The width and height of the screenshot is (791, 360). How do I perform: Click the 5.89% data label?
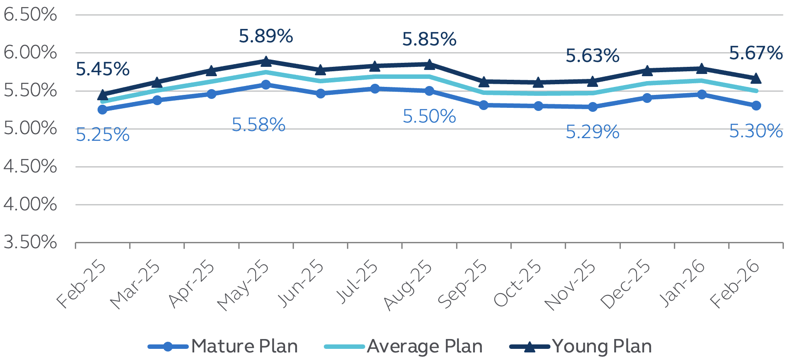266,36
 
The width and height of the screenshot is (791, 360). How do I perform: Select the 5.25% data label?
102,135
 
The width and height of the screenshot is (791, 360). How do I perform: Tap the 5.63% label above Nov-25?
592,56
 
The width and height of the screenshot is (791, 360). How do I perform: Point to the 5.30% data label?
756,131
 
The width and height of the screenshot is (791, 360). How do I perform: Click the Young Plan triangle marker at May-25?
266,61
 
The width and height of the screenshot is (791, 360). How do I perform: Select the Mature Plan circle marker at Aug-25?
429,91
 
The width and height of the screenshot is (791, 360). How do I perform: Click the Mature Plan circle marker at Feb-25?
102,110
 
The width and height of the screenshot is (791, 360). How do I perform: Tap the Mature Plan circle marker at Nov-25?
592,107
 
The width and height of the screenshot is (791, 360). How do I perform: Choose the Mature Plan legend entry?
223,347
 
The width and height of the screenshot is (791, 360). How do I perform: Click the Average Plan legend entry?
404,347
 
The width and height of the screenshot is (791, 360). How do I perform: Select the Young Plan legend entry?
581,347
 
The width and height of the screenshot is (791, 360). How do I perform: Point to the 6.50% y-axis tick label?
30,15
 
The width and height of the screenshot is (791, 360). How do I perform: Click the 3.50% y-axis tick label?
30,242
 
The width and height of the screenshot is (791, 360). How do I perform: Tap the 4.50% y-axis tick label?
30,167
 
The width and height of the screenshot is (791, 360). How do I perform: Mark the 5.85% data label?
429,39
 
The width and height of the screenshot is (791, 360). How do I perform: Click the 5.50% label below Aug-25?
429,117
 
